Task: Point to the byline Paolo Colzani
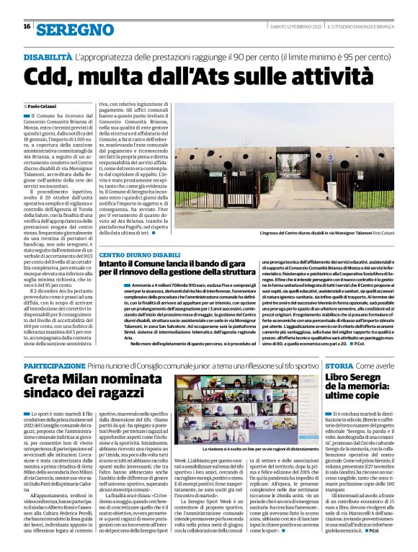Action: (44, 106)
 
